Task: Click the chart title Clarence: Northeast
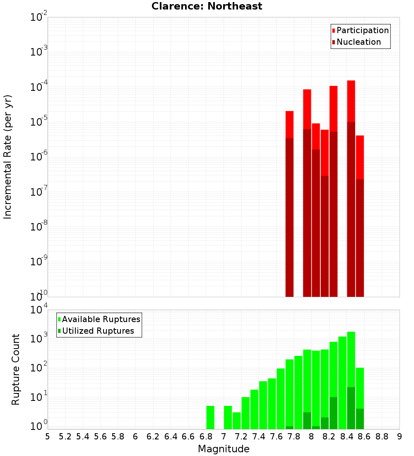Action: point(207,6)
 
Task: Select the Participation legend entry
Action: point(362,30)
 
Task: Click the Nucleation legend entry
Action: point(359,42)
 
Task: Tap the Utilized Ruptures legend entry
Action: point(98,331)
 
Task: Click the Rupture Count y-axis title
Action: point(16,369)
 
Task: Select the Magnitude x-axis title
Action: point(224,449)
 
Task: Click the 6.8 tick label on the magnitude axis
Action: point(206,437)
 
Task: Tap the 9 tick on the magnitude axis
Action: point(400,437)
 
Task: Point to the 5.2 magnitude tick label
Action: point(65,437)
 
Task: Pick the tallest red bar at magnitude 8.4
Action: point(351,187)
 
